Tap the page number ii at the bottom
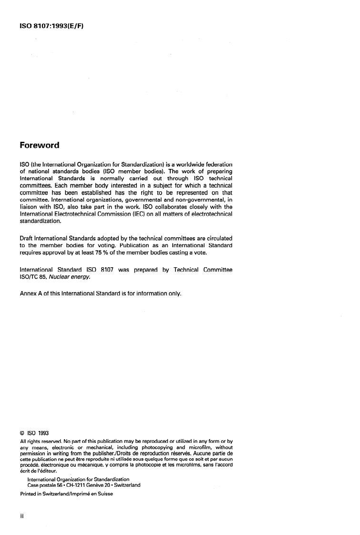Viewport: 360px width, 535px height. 21,518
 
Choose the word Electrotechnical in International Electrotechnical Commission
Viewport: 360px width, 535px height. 75,214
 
